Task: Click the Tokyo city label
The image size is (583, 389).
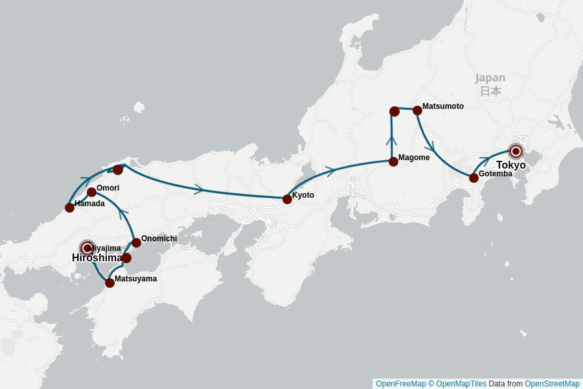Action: [x=510, y=165]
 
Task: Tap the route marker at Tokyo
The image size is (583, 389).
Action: [x=516, y=151]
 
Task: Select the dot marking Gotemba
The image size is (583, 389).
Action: [x=474, y=178]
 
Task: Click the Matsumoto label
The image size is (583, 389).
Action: [x=442, y=106]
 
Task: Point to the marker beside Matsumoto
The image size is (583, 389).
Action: [x=417, y=110]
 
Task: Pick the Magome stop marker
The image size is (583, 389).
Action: [x=393, y=161]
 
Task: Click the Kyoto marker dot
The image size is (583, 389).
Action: [x=287, y=199]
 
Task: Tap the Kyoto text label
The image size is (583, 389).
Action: [x=303, y=194]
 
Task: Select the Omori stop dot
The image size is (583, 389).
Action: [x=91, y=192]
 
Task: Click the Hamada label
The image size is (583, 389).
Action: [x=89, y=203]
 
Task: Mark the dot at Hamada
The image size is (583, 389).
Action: [x=69, y=207]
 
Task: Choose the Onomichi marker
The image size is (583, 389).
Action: [x=136, y=242]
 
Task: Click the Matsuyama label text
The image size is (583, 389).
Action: [x=135, y=279]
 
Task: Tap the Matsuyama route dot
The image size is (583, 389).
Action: [x=109, y=283]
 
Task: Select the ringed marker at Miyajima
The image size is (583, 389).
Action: [x=87, y=248]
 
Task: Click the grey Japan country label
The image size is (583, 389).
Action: [x=490, y=78]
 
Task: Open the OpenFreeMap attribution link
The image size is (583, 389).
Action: [x=400, y=384]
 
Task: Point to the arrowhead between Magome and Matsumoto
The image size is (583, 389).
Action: [x=391, y=141]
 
